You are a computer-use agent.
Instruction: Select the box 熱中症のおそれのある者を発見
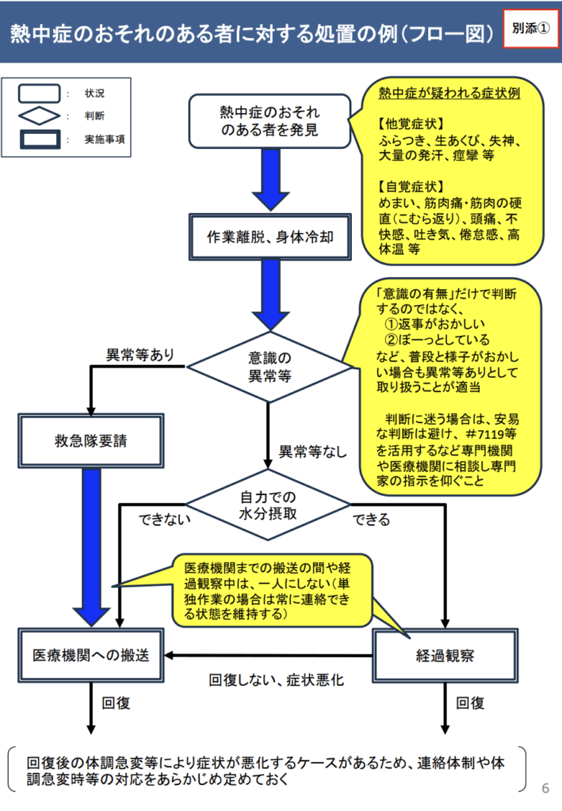[270, 121]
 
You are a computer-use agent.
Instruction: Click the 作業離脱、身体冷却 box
[270, 237]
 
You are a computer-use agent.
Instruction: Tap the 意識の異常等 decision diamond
[270, 367]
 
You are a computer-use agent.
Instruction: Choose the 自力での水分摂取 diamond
[270, 504]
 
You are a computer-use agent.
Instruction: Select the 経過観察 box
[445, 655]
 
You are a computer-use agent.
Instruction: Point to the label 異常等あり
[141, 354]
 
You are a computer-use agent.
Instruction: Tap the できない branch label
[166, 520]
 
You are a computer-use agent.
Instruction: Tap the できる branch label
[372, 520]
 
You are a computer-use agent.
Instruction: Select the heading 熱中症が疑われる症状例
[449, 93]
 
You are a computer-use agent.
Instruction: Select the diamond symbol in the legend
[38, 116]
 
